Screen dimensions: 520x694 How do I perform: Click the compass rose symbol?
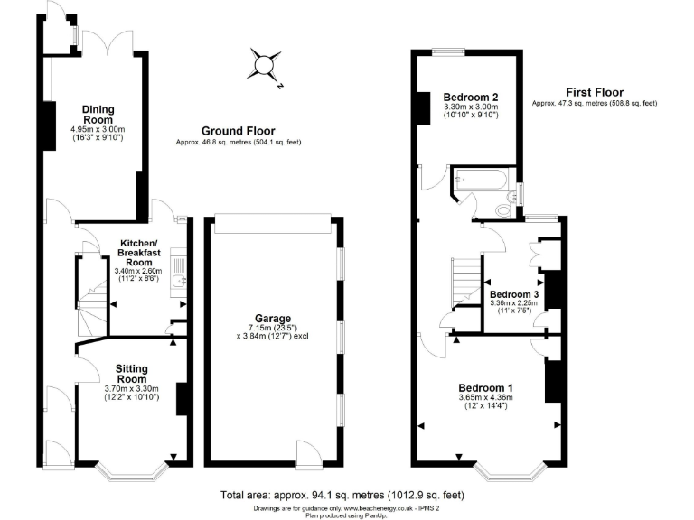tap(265, 66)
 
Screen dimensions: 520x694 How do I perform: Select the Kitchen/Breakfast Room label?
tap(139, 250)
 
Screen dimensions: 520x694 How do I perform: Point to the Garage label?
tap(272, 319)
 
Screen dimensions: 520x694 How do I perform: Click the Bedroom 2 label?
tap(471, 97)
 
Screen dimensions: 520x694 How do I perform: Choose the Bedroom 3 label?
tap(513, 294)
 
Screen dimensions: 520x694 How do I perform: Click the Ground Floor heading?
tap(238, 131)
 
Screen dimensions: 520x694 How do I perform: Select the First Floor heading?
tap(594, 92)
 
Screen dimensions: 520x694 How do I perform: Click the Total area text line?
tap(342, 495)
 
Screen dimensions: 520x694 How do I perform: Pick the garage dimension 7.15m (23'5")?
tap(272, 328)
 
